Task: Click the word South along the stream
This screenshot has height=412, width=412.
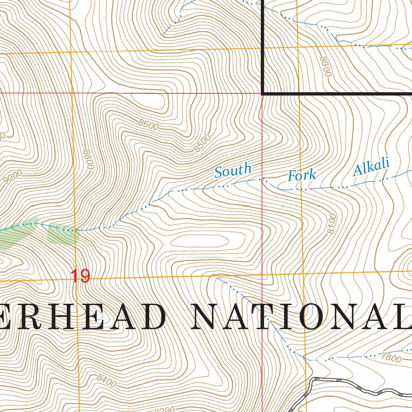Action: coord(233,170)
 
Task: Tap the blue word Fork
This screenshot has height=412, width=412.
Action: coord(301,175)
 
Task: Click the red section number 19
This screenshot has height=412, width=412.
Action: coord(80,276)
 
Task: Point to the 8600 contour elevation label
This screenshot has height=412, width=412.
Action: coord(148,125)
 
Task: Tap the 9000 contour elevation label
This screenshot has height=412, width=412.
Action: coord(12,177)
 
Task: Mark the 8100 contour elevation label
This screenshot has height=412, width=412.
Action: coord(332,225)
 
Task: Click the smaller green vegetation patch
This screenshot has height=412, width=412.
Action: coord(61,234)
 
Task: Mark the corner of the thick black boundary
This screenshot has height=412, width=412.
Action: coord(262,93)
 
